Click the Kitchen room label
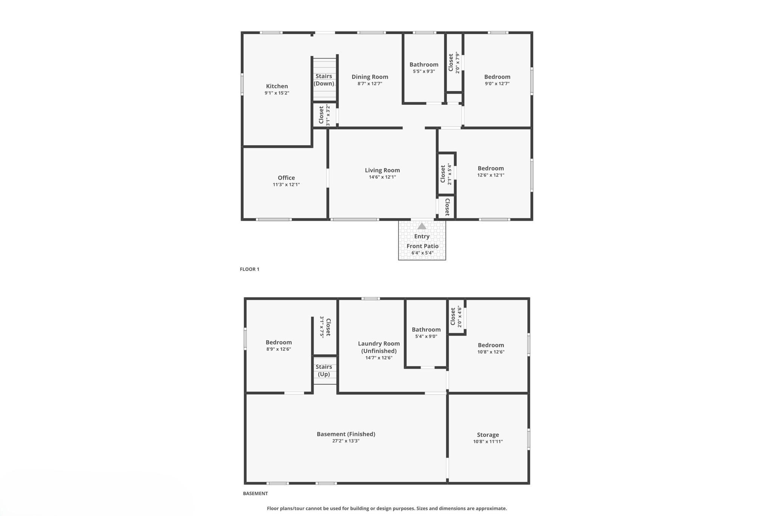(x=277, y=86)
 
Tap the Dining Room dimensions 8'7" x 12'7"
(x=370, y=84)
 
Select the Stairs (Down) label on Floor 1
(x=324, y=80)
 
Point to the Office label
(x=286, y=178)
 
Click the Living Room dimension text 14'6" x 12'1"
(x=382, y=177)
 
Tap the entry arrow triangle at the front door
(x=422, y=226)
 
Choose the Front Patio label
(x=422, y=246)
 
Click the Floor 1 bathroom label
(x=424, y=65)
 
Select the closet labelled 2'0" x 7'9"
(x=454, y=62)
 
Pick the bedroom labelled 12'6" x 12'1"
(x=491, y=169)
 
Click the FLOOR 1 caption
(x=249, y=269)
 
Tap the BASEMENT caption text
(x=255, y=493)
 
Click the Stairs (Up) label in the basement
(x=324, y=370)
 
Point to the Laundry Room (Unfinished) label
(x=379, y=347)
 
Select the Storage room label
(x=488, y=435)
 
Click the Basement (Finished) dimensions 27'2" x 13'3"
(x=345, y=441)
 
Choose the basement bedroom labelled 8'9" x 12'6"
(x=279, y=342)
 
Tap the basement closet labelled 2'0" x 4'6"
(x=456, y=316)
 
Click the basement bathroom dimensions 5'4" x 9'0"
(x=426, y=336)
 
